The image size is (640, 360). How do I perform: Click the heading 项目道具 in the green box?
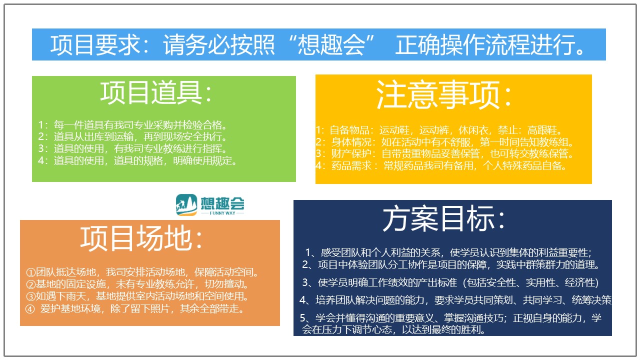click(x=151, y=92)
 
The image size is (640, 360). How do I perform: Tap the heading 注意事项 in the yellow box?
click(x=438, y=94)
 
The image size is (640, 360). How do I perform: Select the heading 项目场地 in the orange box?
click(x=136, y=238)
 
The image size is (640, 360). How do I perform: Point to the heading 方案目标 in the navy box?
click(x=438, y=218)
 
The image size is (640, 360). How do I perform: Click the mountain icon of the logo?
click(x=186, y=204)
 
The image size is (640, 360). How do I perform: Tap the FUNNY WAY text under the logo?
click(x=222, y=213)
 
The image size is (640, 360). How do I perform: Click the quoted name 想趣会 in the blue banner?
click(x=331, y=45)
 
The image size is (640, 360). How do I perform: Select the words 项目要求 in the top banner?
click(x=95, y=45)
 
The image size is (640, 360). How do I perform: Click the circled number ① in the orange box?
click(x=30, y=272)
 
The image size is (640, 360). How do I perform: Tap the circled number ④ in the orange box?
click(x=30, y=309)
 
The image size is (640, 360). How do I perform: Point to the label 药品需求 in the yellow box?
click(x=351, y=165)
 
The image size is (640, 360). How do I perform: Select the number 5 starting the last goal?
click(x=303, y=318)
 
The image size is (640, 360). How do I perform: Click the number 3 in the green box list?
click(x=41, y=148)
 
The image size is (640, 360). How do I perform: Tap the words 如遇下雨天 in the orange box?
click(x=61, y=296)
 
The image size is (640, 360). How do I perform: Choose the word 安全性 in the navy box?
click(x=501, y=282)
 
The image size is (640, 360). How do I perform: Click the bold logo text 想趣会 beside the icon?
click(x=222, y=203)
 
